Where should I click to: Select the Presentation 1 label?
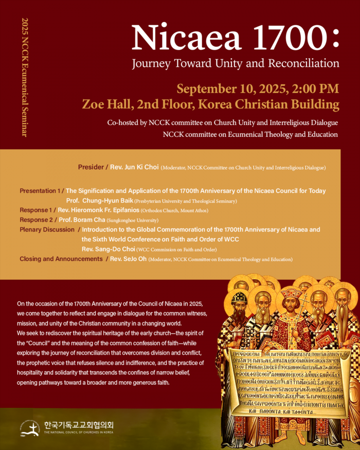(x=39, y=191)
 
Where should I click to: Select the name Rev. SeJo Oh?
(x=128, y=259)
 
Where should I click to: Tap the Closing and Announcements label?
(x=61, y=259)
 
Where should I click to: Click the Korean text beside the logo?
(x=78, y=425)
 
